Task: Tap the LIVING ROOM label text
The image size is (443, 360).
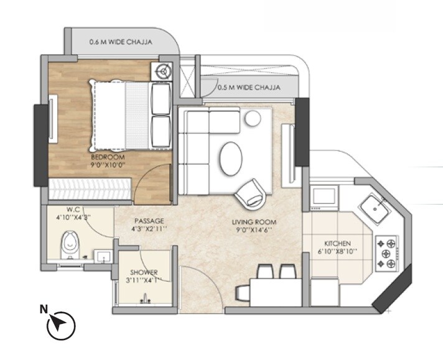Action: tap(253, 221)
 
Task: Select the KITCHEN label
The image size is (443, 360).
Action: tap(338, 242)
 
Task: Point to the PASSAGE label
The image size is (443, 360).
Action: tap(147, 221)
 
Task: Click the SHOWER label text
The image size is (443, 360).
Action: tap(144, 272)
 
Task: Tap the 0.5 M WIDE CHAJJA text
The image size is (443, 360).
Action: tap(248, 88)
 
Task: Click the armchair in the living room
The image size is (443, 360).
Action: tap(251, 192)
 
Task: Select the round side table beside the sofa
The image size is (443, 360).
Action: tap(252, 118)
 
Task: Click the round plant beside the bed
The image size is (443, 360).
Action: tap(165, 72)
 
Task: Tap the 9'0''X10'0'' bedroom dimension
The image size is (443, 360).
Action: tap(105, 165)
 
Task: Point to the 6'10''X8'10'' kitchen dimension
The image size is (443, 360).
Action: tap(338, 252)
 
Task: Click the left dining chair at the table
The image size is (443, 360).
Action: tap(264, 272)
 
